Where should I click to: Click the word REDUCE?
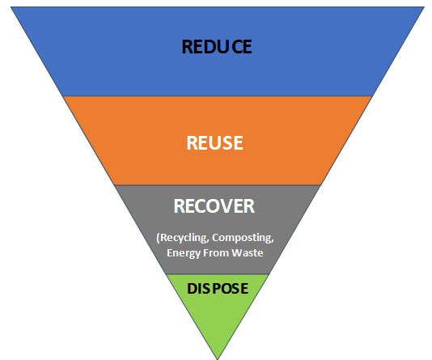click(217, 47)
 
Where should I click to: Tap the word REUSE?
click(215, 142)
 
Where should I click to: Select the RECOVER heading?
click(214, 206)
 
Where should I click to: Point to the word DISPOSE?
click(218, 288)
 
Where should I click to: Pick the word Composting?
click(243, 237)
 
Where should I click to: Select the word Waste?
click(248, 252)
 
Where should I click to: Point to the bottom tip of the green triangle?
click(218, 359)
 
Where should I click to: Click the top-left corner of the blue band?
click(11, 7)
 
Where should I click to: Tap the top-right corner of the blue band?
click(424, 7)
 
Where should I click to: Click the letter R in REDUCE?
click(187, 47)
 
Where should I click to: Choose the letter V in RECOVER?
click(227, 206)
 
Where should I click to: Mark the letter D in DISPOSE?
click(193, 288)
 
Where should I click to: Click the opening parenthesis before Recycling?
click(158, 238)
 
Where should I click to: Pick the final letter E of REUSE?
click(239, 142)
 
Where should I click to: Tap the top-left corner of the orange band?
click(63, 96)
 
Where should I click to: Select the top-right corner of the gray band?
click(320, 185)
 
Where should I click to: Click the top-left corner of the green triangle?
click(166, 274)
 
